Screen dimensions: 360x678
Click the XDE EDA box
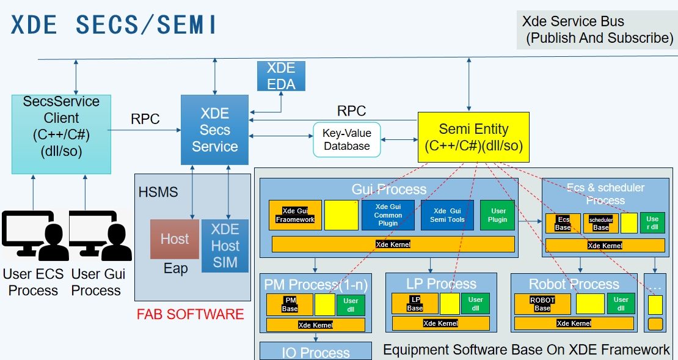tap(281, 76)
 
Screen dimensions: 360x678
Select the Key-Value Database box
tap(346, 139)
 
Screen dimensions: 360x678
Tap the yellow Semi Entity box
tap(473, 137)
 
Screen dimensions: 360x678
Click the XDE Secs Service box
tap(214, 130)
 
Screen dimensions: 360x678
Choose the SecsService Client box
tap(61, 134)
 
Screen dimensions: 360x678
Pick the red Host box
tap(175, 239)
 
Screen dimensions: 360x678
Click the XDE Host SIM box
tap(225, 246)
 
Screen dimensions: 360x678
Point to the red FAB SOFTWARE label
tap(190, 315)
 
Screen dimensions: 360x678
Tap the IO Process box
tap(316, 351)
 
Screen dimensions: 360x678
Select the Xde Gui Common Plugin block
tap(388, 215)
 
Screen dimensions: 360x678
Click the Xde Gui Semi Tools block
tap(448, 215)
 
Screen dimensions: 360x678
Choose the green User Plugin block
tap(497, 215)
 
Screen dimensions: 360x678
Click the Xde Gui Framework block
tap(295, 215)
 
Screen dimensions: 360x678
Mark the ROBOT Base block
tap(542, 304)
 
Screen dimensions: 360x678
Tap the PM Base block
tap(290, 304)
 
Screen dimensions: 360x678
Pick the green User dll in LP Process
tap(475, 304)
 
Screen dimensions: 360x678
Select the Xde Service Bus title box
tap(596, 30)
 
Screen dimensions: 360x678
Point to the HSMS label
tap(158, 193)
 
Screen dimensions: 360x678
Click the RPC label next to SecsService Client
tap(145, 119)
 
